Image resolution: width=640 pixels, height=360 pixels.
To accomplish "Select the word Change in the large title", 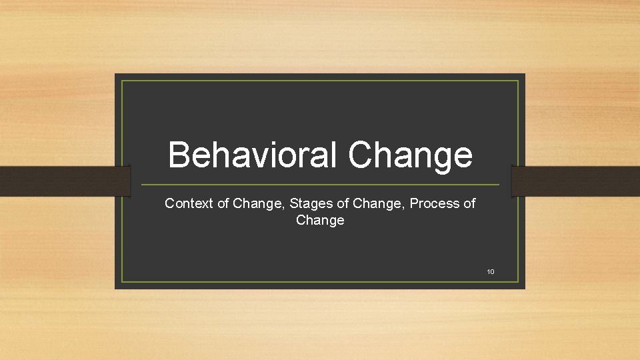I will pyautogui.click(x=410, y=156).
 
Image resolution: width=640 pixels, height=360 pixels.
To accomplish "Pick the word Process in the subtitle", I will pyautogui.click(x=434, y=203).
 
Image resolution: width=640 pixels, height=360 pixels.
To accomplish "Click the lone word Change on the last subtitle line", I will pyautogui.click(x=320, y=220).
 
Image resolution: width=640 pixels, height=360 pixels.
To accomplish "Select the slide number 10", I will pyautogui.click(x=491, y=271).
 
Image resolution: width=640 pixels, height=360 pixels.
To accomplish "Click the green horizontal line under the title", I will pyautogui.click(x=320, y=185).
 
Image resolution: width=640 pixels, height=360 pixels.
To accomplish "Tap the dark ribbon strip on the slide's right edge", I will pyautogui.click(x=575, y=181).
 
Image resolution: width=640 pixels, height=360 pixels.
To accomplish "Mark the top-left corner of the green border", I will pyautogui.click(x=122, y=81).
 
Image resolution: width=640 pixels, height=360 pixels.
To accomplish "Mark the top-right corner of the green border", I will pyautogui.click(x=518, y=81).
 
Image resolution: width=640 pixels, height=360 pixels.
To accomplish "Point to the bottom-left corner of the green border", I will pyautogui.click(x=122, y=282).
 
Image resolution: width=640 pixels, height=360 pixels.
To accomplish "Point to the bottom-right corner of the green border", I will pyautogui.click(x=518, y=282).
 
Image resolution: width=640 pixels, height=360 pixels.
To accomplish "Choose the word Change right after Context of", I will pyautogui.click(x=258, y=203).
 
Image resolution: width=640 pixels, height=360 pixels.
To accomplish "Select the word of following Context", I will pyautogui.click(x=223, y=203).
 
